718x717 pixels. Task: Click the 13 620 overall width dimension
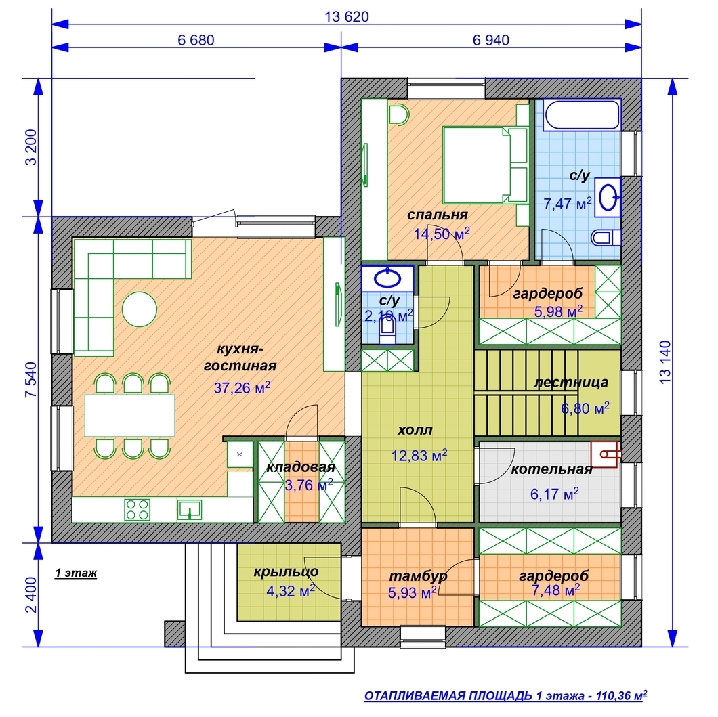(347, 17)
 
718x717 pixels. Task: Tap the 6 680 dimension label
(196, 40)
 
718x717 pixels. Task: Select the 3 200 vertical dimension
(31, 148)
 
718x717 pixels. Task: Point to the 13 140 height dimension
(665, 362)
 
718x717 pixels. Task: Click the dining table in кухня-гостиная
(129, 416)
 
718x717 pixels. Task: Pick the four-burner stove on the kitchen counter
(138, 509)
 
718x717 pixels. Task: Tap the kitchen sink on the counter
(190, 510)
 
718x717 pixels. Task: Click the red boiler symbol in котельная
(606, 454)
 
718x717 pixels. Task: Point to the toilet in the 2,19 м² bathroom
(388, 329)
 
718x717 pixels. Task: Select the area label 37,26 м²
(242, 387)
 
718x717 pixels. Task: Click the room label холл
(415, 430)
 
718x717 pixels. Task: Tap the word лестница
(571, 382)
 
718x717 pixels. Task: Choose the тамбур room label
(418, 576)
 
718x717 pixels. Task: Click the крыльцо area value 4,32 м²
(291, 590)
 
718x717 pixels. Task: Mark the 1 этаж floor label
(76, 573)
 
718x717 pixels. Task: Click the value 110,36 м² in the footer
(621, 696)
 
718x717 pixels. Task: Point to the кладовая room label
(301, 467)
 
